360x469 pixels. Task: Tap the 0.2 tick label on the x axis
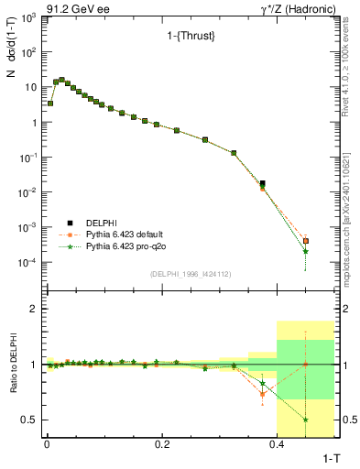coord(162,443)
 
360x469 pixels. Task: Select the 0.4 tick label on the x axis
coord(277,443)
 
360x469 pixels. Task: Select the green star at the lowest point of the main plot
coord(305,251)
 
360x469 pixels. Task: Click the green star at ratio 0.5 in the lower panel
coord(305,420)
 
